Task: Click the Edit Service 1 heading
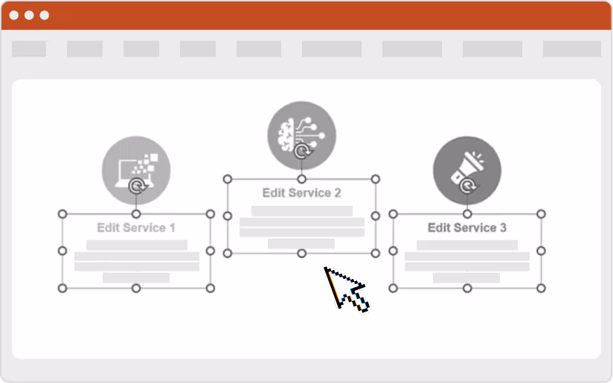136,228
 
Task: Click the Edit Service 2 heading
301,193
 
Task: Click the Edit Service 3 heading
466,228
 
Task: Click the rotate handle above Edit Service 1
136,185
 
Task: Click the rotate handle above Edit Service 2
301,152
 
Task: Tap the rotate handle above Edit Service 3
466,186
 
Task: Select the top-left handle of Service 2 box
228,179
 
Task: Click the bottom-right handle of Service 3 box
541,288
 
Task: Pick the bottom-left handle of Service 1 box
62,288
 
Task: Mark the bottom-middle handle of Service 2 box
301,253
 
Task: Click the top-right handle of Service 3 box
541,214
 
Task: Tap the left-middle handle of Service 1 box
62,251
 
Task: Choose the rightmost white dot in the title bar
45,15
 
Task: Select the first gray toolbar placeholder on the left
29,49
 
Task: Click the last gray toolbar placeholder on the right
571,49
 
